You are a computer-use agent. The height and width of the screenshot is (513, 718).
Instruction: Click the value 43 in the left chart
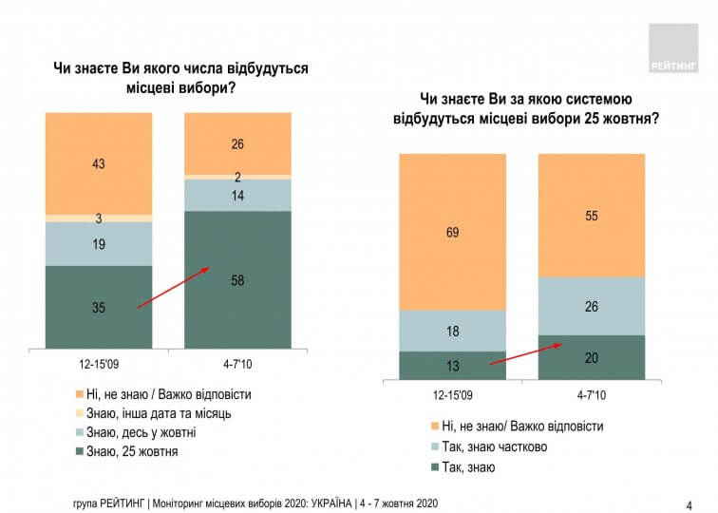(x=99, y=163)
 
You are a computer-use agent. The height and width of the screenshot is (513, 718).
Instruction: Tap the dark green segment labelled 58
(x=236, y=279)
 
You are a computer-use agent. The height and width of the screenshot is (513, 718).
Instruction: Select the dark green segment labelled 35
(x=99, y=307)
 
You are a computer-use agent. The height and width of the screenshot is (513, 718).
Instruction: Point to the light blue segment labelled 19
(x=99, y=243)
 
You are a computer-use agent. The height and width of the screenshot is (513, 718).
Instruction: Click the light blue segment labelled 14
(x=236, y=195)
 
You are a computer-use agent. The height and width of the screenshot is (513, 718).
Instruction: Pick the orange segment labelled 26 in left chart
(x=236, y=143)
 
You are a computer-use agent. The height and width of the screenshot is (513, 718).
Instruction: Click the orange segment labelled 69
(x=452, y=232)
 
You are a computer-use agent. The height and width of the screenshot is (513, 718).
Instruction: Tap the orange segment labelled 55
(x=591, y=216)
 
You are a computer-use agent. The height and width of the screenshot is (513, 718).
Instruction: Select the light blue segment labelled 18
(x=452, y=331)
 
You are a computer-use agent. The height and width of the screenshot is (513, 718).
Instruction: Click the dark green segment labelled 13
(x=452, y=366)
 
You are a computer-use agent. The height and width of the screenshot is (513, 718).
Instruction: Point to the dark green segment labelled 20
(x=591, y=357)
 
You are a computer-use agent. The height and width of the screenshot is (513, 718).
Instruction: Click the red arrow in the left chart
(x=173, y=288)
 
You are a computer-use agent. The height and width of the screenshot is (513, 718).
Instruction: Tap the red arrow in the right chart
(x=525, y=353)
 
